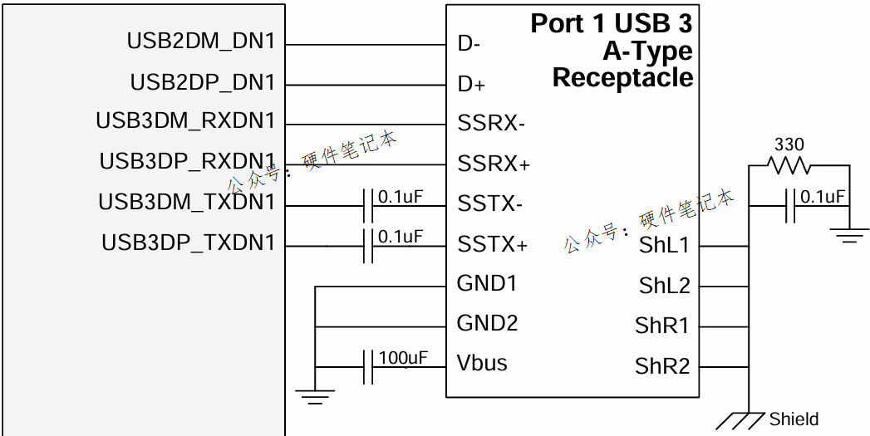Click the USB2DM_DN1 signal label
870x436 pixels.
click(200, 41)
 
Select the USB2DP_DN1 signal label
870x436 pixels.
click(202, 83)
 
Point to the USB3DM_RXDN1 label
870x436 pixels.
click(184, 121)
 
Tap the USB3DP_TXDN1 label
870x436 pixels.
click(188, 243)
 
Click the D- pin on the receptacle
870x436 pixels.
click(469, 44)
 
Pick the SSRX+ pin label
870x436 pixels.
click(494, 164)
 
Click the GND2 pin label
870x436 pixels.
click(487, 323)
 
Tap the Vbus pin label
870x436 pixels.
click(482, 363)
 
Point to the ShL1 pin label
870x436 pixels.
click(664, 246)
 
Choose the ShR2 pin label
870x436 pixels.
click(662, 366)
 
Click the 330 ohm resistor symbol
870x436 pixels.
click(789, 166)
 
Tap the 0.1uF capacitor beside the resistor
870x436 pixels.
click(791, 206)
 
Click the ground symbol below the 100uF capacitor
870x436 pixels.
click(315, 395)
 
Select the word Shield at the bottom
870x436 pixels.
click(794, 419)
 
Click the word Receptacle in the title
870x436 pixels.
click(622, 78)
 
